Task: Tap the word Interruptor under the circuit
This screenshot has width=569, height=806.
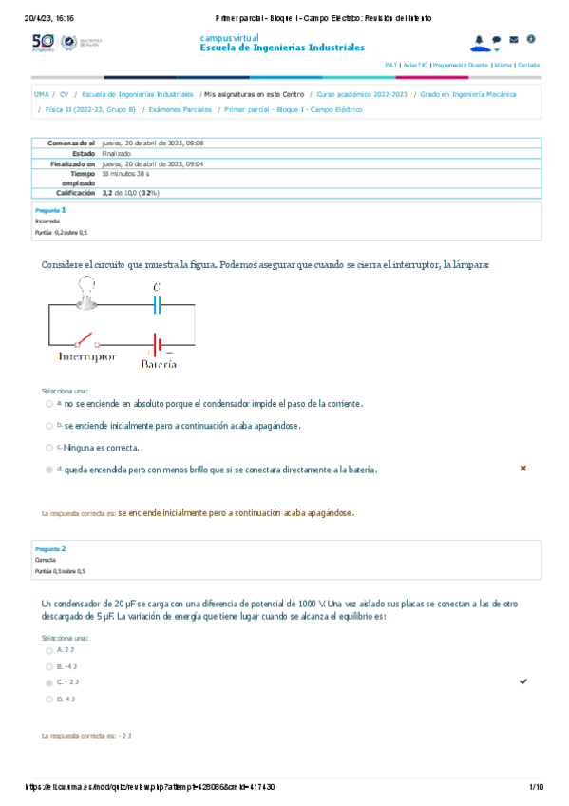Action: coord(87,357)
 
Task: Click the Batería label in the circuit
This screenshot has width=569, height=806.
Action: coord(159,363)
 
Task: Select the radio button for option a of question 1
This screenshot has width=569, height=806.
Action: coord(48,403)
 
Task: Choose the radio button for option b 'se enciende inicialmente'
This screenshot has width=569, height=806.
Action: coord(48,426)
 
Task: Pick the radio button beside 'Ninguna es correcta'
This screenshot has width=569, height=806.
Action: coord(48,448)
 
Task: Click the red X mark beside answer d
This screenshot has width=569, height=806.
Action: coord(522,469)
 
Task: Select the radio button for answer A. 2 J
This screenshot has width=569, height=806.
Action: coord(48,650)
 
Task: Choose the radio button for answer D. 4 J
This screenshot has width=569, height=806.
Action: coord(48,700)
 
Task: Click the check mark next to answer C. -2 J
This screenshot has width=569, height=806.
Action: coord(523,682)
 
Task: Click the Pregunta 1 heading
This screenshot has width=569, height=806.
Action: coord(49,209)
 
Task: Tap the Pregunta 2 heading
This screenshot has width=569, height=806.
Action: coord(49,548)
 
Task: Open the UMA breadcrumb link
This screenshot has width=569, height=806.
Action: coord(41,95)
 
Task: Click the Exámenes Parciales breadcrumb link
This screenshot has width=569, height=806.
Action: coord(180,109)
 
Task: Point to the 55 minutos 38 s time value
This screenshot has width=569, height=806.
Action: coord(125,175)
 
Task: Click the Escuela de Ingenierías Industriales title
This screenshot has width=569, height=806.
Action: coord(282,47)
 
